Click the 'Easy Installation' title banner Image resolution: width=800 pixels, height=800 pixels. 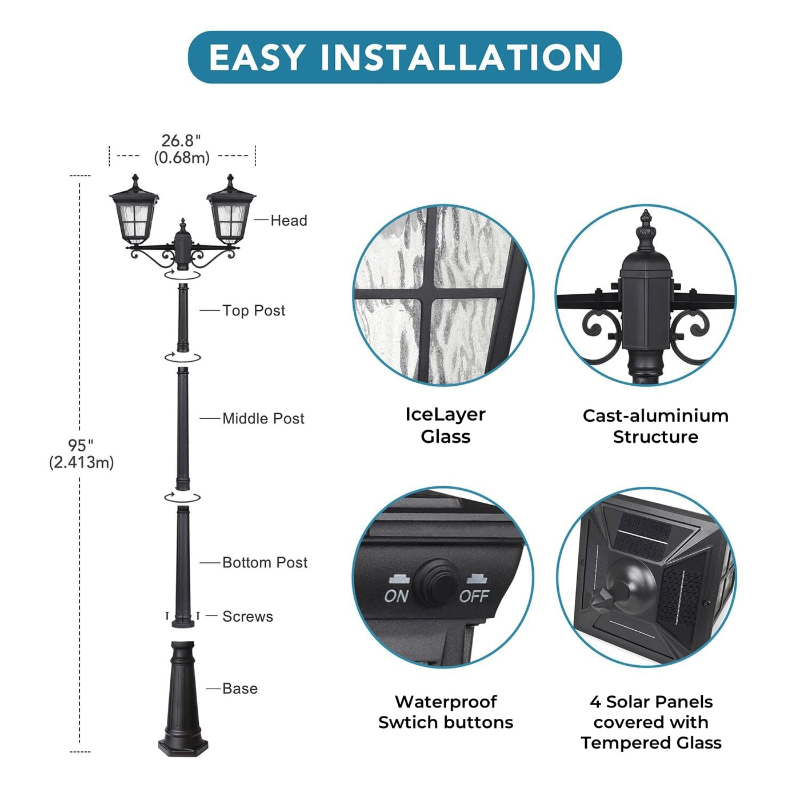[x=405, y=57]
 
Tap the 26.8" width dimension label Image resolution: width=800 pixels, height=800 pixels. [x=181, y=149]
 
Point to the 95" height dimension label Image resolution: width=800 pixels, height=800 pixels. [x=81, y=453]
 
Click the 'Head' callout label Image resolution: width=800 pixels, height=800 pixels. [x=289, y=221]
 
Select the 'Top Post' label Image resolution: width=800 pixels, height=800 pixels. [x=254, y=310]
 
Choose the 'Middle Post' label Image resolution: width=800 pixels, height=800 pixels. [x=263, y=418]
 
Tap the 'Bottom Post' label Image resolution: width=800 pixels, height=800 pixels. [x=265, y=562]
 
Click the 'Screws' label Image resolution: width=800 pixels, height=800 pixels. [x=248, y=617]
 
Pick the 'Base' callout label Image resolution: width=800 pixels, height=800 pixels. [x=240, y=689]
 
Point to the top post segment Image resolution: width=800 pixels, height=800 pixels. [x=183, y=318]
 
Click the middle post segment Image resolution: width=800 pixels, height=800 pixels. [x=183, y=429]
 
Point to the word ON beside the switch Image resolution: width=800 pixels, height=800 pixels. [x=396, y=596]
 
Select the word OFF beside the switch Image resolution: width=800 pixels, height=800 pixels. [x=474, y=596]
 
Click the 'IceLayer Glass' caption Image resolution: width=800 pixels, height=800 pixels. [x=445, y=426]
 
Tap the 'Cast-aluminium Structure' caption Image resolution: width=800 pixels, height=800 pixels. [x=655, y=426]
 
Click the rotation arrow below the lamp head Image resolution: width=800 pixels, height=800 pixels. [x=183, y=274]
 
